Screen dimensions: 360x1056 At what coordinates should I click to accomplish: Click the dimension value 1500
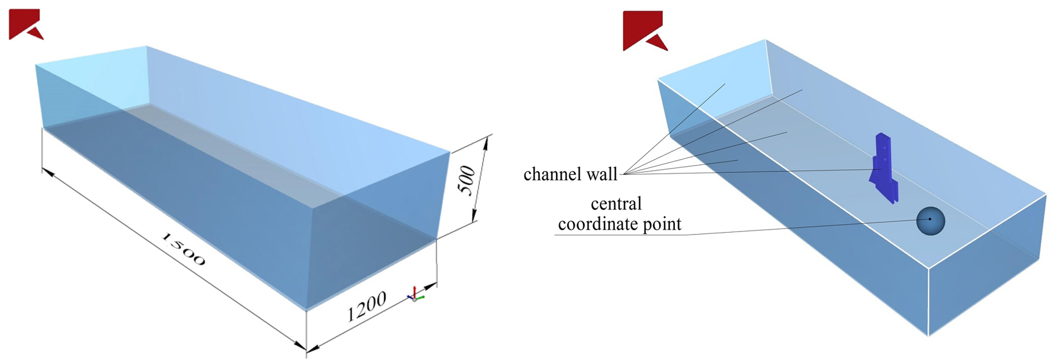[184, 249]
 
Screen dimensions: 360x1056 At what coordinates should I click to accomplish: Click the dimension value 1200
[366, 307]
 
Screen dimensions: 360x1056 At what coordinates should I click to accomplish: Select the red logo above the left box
[25, 24]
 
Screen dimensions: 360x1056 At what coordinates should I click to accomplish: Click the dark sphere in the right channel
[930, 221]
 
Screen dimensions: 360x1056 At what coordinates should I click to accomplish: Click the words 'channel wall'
[570, 175]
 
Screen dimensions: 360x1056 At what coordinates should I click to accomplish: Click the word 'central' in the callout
[616, 204]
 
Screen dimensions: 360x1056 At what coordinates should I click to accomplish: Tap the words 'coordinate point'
[619, 224]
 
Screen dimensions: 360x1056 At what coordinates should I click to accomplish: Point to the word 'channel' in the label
[553, 175]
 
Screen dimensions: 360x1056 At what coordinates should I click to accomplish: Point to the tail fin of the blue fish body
[874, 176]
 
